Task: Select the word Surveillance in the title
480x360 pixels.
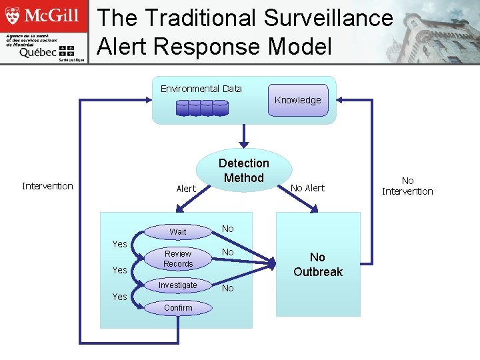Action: tap(329, 18)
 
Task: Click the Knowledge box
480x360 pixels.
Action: tap(298, 100)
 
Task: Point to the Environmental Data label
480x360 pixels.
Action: tap(201, 89)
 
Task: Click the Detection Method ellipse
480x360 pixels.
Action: tap(244, 171)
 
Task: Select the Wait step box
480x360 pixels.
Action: tap(178, 232)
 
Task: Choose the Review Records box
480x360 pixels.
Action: tap(178, 259)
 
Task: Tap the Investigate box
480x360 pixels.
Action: tap(178, 285)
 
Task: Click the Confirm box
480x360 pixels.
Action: tap(178, 307)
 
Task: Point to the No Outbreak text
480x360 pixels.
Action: tap(318, 265)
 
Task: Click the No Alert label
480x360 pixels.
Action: tap(307, 188)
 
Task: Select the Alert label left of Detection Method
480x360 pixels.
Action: tap(186, 189)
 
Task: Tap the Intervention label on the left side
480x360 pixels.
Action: tap(47, 186)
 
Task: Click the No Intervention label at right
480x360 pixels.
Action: tap(407, 186)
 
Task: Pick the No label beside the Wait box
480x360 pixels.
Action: tap(228, 229)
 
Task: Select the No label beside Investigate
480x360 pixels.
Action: tap(228, 288)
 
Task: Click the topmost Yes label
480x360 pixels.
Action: tap(119, 244)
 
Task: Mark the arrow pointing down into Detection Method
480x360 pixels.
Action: tap(244, 136)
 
